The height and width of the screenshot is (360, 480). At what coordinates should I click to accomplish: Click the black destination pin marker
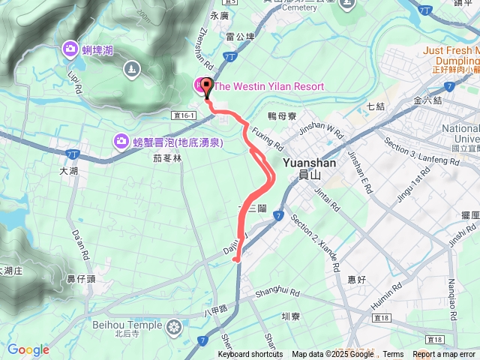click(x=208, y=85)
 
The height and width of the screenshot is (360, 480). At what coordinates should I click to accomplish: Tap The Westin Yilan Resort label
click(x=268, y=86)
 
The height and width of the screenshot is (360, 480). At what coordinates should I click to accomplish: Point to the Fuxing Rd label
click(x=266, y=138)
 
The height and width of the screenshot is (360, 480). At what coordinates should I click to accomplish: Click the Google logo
click(x=28, y=349)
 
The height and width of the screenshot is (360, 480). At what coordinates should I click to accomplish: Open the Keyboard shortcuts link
click(x=250, y=355)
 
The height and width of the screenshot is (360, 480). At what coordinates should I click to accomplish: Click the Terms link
click(x=393, y=355)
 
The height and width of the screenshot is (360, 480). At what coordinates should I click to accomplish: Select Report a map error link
click(x=444, y=355)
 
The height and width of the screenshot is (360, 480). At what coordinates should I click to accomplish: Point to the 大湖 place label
click(x=68, y=171)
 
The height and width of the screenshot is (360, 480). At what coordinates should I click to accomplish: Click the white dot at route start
click(x=237, y=259)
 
